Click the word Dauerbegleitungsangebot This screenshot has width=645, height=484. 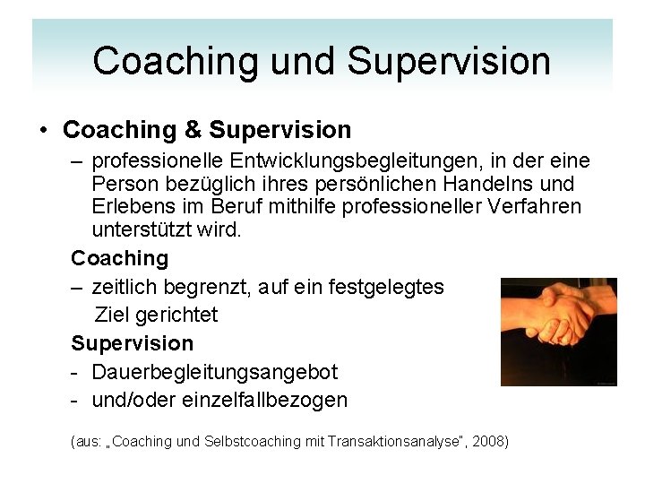(215, 372)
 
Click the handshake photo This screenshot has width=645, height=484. (558, 332)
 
